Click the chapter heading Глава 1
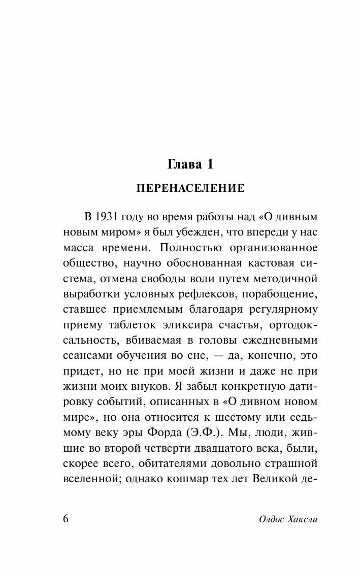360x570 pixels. click(190, 164)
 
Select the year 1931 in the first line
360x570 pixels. click(106, 216)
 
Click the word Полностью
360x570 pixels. click(186, 248)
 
